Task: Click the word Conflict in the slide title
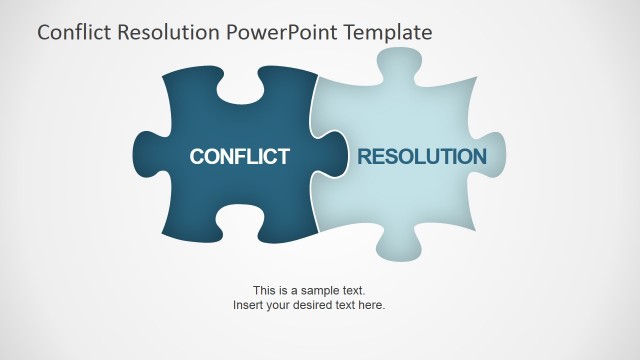71,32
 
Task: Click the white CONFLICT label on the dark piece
239,156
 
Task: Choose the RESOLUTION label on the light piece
422,156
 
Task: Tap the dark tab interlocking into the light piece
331,157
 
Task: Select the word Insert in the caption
247,304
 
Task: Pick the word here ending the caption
371,304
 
